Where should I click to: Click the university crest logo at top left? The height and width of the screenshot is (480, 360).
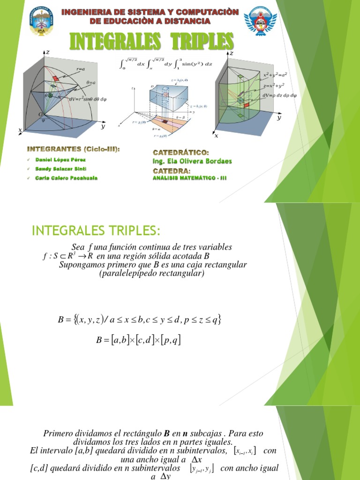point(41,21)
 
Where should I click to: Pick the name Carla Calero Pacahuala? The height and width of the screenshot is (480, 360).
point(67,178)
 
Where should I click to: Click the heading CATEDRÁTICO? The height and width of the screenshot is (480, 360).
point(181,153)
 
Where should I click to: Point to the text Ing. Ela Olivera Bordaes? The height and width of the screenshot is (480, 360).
point(193,161)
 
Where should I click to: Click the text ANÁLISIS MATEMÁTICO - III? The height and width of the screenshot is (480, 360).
point(190,178)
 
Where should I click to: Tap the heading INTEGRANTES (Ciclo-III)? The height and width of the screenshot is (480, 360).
point(74,149)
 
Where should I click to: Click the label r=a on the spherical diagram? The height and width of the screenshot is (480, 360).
point(81,69)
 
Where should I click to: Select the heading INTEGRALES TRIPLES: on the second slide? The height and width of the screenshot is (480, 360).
point(96,231)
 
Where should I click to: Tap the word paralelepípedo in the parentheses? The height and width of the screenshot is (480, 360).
point(132,274)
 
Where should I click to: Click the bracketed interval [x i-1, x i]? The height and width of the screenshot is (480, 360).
point(245,450)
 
